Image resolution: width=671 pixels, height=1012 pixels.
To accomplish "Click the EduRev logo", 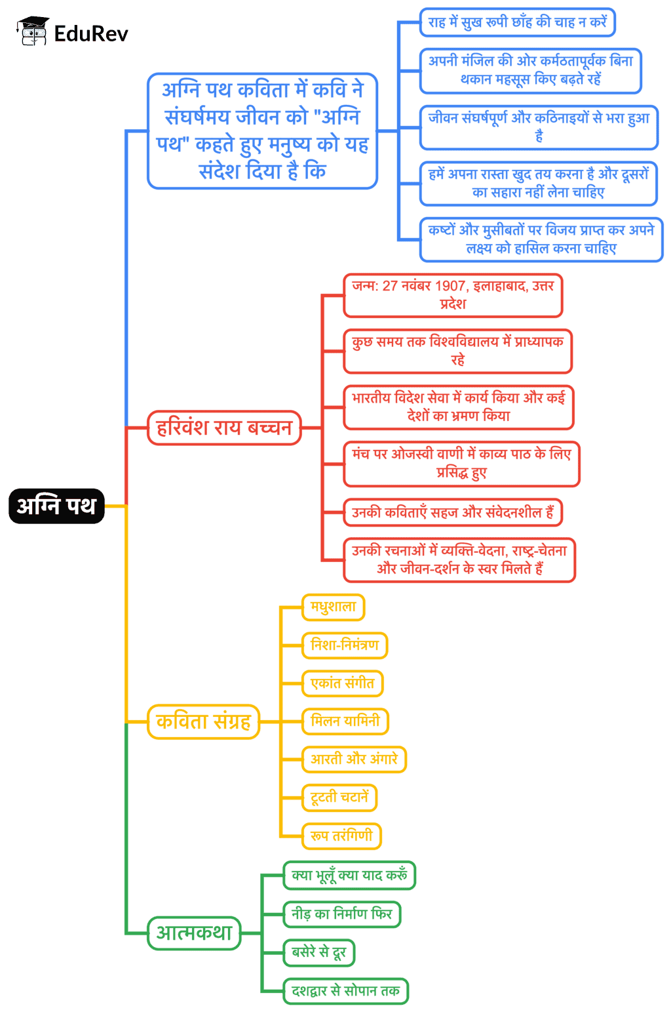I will [73, 31].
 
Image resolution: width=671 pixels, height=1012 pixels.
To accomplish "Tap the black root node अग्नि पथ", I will [56, 506].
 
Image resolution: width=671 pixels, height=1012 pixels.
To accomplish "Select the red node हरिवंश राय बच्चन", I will [224, 428].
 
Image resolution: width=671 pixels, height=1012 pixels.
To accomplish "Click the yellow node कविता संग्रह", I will [204, 721].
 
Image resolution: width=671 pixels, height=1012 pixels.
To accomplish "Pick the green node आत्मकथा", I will [194, 933].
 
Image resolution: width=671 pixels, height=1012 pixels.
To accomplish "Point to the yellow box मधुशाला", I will [333, 607].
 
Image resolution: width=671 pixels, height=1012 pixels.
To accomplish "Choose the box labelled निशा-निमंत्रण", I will [345, 645].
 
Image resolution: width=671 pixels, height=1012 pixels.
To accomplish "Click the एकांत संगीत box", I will [342, 683].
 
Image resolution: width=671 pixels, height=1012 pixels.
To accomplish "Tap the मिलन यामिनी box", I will [345, 721].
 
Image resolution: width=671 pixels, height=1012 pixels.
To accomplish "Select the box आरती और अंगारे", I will [354, 759].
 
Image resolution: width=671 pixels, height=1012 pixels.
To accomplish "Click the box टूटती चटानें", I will [339, 798].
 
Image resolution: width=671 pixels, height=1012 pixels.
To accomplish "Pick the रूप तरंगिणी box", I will [341, 836].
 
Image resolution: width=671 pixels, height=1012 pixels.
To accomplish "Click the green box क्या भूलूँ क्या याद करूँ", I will [349, 876].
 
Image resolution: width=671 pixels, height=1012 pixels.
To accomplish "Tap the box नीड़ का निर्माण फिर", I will [341, 914].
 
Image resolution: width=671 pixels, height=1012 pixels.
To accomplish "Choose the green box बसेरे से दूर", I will [318, 952].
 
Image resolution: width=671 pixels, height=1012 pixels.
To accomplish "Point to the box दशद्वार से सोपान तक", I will [345, 990].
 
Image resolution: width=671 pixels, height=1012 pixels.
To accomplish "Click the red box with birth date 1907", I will [453, 295].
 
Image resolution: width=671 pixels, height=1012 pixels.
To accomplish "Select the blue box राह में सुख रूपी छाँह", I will [517, 22].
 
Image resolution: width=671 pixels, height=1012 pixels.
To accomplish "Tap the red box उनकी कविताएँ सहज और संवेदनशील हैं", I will [453, 512].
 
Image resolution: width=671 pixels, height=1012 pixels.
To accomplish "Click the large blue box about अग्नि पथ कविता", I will [262, 131].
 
